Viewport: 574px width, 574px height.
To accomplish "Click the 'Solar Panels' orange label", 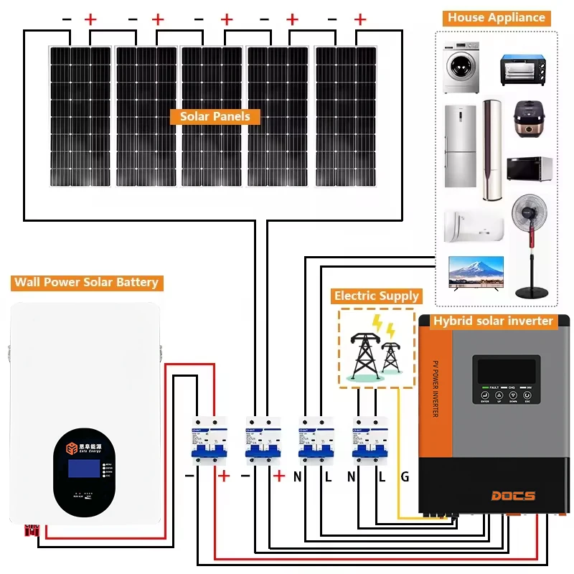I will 215,116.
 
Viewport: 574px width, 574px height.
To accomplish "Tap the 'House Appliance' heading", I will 497,18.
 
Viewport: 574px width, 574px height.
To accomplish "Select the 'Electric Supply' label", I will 377,296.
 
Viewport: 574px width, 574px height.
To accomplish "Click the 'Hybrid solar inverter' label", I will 494,321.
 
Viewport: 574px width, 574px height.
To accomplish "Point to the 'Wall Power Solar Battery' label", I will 86,282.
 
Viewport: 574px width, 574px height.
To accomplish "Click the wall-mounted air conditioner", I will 474,225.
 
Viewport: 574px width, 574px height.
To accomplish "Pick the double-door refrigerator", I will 460,146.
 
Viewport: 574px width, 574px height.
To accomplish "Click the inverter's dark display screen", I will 507,371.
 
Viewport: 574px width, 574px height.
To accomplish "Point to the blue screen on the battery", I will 83,469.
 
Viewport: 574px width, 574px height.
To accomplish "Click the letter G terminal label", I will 405,476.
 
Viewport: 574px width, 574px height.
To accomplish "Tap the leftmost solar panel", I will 80,115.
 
